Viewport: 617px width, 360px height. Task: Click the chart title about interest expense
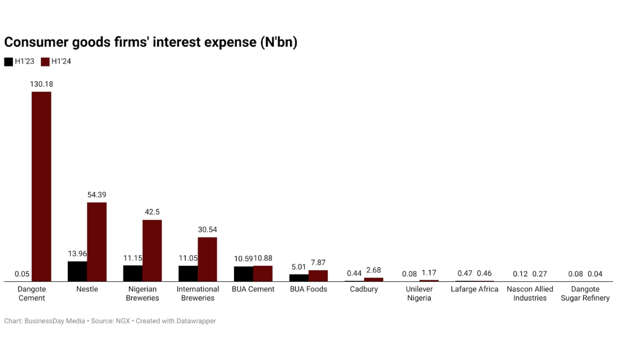151,42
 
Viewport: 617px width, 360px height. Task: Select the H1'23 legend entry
20,62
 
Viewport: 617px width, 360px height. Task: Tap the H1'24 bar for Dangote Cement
42,186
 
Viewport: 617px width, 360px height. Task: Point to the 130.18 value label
42,84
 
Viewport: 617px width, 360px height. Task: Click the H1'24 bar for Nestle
97,242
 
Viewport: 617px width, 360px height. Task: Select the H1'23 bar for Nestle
78,271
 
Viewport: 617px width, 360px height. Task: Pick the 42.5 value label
152,212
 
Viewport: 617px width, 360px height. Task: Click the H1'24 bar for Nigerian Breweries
152,250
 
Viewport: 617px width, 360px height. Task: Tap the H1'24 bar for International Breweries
207,259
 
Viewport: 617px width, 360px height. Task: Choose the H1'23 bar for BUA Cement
243,274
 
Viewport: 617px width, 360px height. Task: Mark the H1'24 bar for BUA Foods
318,276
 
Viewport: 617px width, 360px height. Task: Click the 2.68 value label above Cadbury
373,271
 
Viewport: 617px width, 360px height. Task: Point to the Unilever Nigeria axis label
419,294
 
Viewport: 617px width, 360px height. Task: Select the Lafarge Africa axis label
474,289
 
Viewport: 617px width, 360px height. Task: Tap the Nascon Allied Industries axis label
530,294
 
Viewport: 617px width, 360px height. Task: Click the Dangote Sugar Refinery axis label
585,294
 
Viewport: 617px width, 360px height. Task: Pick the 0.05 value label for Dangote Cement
22,274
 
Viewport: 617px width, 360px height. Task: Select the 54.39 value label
97,195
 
